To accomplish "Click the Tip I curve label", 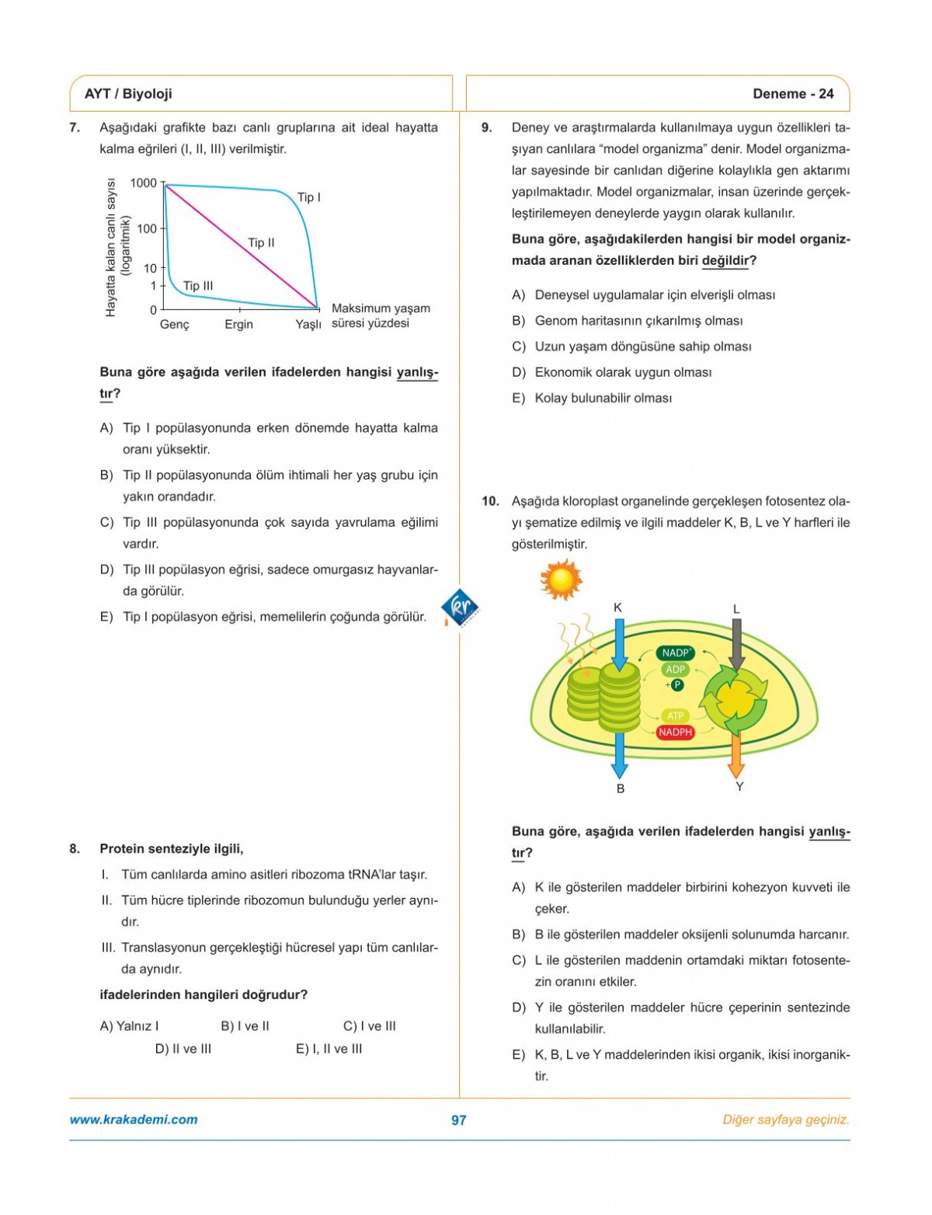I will click(x=308, y=197).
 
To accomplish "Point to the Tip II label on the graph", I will click(x=261, y=242).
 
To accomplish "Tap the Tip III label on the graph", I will click(x=198, y=286).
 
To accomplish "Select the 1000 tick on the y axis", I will click(x=144, y=183).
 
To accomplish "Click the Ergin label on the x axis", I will click(x=238, y=324).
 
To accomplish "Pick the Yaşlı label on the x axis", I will click(x=308, y=324).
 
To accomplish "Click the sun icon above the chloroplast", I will click(x=561, y=579).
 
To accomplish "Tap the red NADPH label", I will click(x=675, y=732).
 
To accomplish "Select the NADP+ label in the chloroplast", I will click(x=676, y=653).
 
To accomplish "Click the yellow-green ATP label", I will click(x=675, y=715).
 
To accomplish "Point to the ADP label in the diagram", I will click(x=675, y=670).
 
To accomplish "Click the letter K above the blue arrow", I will click(x=618, y=607).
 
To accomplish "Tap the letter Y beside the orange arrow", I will click(x=739, y=786).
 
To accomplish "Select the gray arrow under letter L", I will click(x=736, y=642).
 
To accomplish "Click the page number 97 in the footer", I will click(x=459, y=1119).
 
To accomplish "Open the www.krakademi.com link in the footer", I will click(x=134, y=1119).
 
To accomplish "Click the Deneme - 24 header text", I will click(x=792, y=94).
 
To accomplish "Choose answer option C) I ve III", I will click(x=369, y=1025).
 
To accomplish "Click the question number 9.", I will click(x=487, y=127).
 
